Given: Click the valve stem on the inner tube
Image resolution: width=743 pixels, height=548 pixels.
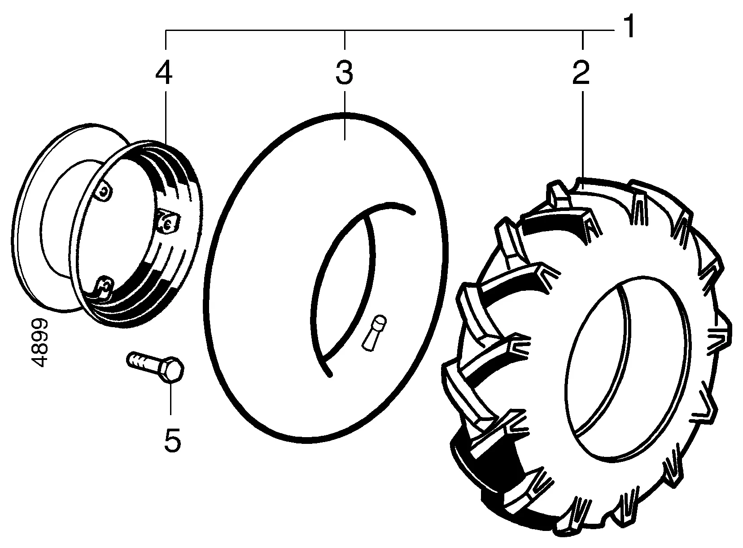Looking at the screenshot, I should (373, 332).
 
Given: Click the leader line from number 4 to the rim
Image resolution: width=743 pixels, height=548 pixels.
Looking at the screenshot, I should (165, 117).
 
